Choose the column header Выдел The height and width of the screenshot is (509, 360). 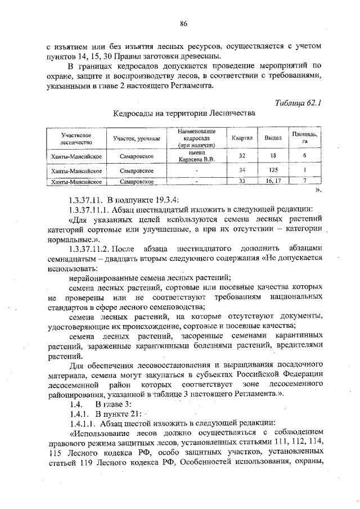[273, 138]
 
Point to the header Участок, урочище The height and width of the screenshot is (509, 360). [137, 138]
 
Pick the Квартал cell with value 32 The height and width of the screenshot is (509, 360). [242, 156]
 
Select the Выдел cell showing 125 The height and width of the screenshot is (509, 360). [273, 169]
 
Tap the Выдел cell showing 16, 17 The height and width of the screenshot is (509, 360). [273, 181]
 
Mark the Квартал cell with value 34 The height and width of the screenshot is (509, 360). [242, 169]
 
